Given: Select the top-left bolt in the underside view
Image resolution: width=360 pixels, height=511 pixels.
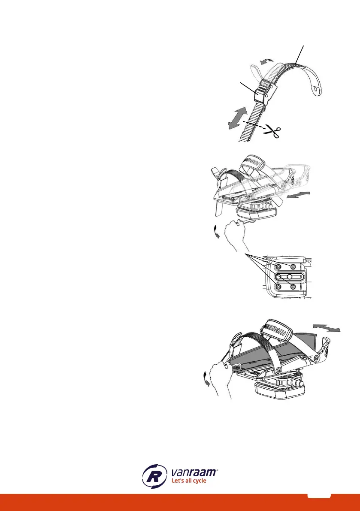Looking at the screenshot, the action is [x=279, y=266].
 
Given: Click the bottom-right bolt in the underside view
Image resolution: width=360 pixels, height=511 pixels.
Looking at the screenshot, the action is [x=293, y=286].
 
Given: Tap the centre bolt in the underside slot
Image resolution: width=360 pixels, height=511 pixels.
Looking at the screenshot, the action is [x=290, y=276].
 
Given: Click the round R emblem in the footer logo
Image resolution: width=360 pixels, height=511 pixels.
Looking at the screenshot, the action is [x=154, y=476].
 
